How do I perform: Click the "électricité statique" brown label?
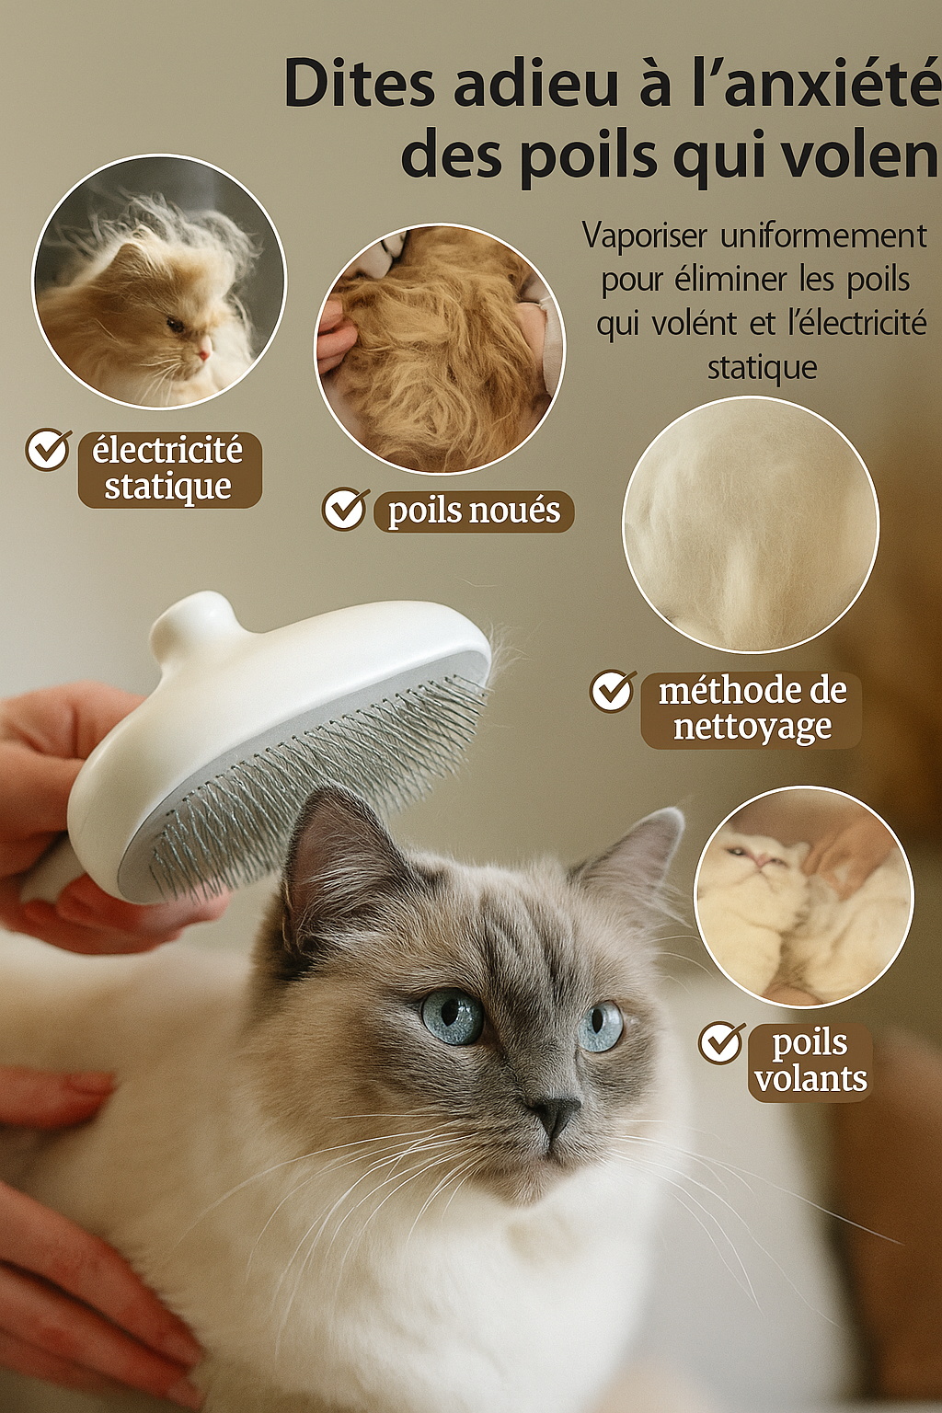coord(169,469)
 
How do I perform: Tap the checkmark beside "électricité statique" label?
coord(48,449)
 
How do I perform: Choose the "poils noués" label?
coord(474,511)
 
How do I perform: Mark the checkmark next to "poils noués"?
coord(345,510)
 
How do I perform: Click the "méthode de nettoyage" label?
coord(752,709)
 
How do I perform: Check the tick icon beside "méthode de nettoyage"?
coord(613,691)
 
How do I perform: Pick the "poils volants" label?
coord(810,1063)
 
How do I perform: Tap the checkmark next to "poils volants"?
coord(722,1042)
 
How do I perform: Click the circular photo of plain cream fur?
coord(750,525)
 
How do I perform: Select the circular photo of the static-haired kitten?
coord(159,282)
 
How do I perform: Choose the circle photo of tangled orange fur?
coord(440,349)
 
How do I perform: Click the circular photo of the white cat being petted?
coord(803,897)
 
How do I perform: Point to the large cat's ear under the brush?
coord(328,864)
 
